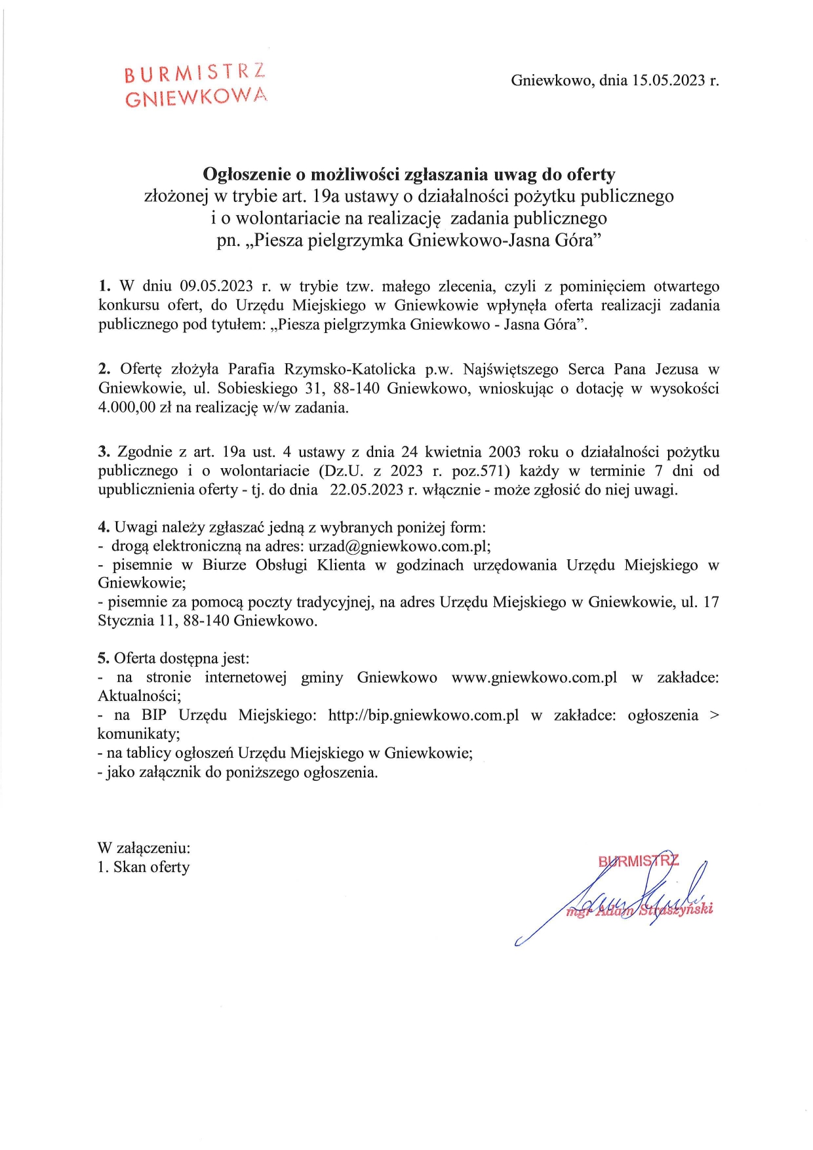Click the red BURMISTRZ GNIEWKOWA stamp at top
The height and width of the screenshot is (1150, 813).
coord(195,86)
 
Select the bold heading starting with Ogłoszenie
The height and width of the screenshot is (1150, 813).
coord(408,174)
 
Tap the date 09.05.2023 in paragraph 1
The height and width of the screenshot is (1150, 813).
coord(216,287)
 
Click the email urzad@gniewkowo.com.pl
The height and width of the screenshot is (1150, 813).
coord(399,546)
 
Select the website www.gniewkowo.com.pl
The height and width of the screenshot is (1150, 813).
coord(534,677)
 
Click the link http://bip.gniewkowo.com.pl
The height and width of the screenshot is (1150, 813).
coord(423,715)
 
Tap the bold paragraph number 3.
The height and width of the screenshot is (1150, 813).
coord(104,452)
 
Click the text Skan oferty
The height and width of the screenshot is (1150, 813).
coord(151,867)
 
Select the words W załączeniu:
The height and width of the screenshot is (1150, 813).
coord(144,848)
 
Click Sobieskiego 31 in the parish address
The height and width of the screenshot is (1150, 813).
coord(270,388)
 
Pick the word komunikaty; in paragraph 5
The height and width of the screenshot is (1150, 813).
coord(139,734)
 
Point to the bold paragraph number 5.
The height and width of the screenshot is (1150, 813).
coord(104,658)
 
